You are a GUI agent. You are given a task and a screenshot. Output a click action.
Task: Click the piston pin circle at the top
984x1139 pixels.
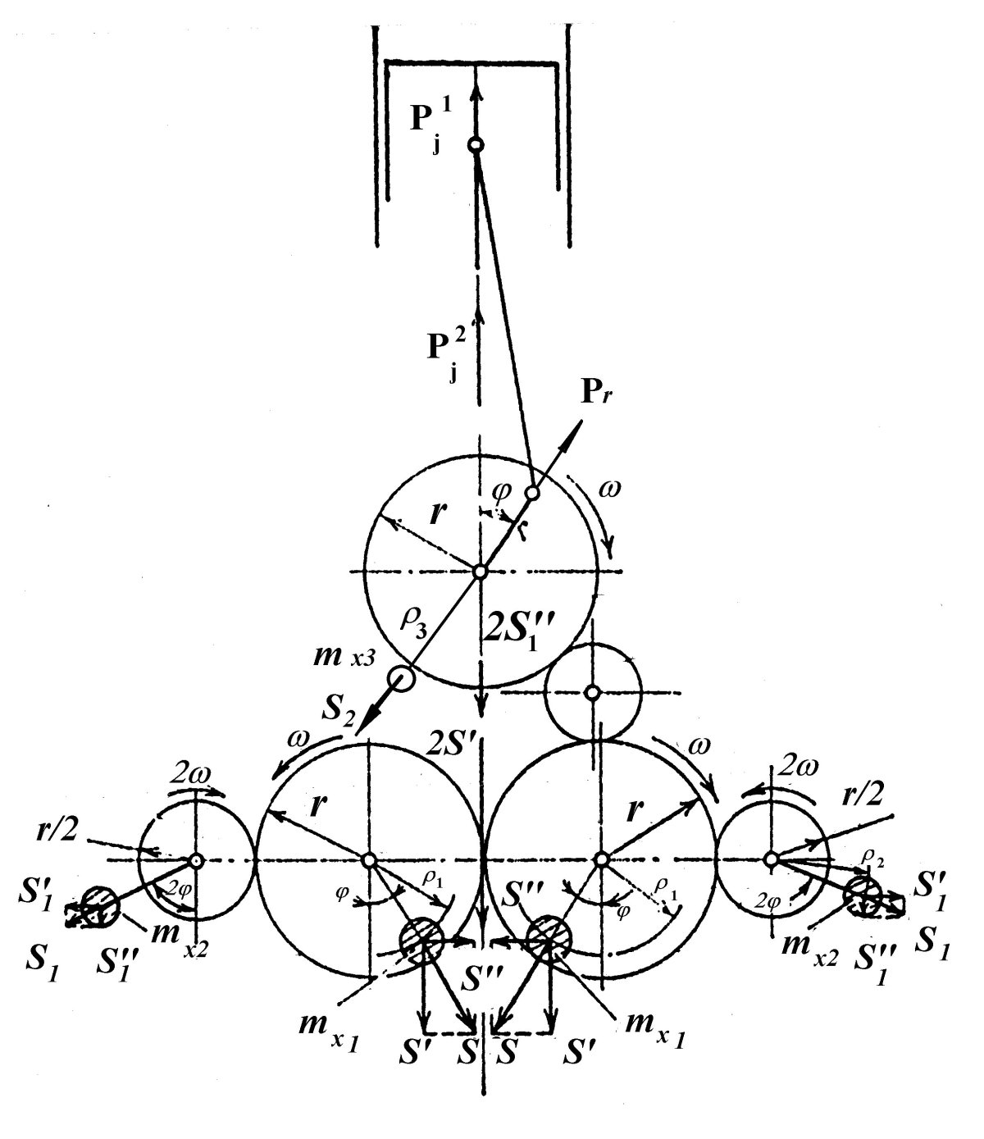pyautogui.click(x=476, y=145)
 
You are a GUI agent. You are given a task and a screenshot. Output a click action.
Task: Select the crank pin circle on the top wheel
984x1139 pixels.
pyautogui.click(x=532, y=493)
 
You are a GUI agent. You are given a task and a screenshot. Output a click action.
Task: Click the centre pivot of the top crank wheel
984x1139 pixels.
pyautogui.click(x=480, y=572)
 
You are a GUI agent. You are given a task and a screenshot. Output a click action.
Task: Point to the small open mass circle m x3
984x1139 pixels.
pyautogui.click(x=401, y=678)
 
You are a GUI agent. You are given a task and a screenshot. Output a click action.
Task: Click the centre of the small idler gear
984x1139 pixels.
pyautogui.click(x=592, y=692)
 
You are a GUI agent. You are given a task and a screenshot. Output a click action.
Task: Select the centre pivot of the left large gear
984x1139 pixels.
pyautogui.click(x=369, y=860)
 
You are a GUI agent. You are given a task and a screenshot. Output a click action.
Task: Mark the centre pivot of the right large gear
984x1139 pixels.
pyautogui.click(x=601, y=859)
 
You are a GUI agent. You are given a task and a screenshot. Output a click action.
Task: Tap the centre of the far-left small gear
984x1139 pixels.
pyautogui.click(x=196, y=860)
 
